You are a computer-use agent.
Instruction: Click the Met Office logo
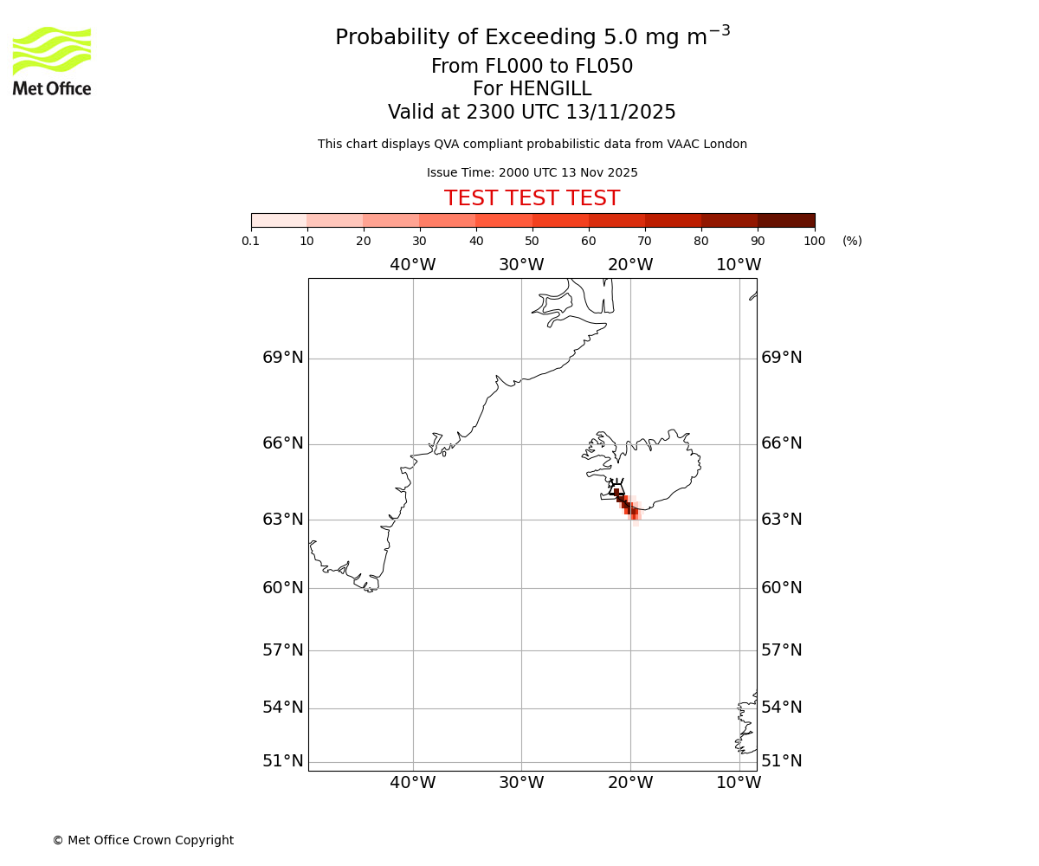click(x=52, y=61)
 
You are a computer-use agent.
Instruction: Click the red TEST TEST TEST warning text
click(x=532, y=198)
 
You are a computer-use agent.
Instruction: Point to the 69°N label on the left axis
click(x=283, y=358)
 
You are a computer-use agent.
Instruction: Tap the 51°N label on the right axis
click(x=781, y=761)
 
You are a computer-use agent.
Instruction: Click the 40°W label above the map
click(x=412, y=265)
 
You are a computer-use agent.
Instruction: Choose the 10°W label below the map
click(x=739, y=783)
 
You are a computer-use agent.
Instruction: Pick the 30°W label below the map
click(x=521, y=783)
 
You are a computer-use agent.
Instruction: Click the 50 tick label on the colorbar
click(x=532, y=241)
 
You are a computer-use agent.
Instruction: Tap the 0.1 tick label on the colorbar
click(x=251, y=241)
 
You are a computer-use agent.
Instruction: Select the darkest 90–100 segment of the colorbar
click(x=786, y=220)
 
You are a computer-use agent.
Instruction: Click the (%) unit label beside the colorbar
click(x=852, y=241)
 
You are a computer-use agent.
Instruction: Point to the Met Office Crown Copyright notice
click(x=143, y=840)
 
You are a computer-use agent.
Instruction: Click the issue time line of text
click(x=532, y=172)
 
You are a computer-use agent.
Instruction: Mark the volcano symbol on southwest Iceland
click(x=616, y=488)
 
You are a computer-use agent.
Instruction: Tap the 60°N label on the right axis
click(x=781, y=588)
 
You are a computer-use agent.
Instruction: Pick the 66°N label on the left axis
click(x=283, y=443)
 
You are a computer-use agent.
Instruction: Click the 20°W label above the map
click(x=630, y=265)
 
